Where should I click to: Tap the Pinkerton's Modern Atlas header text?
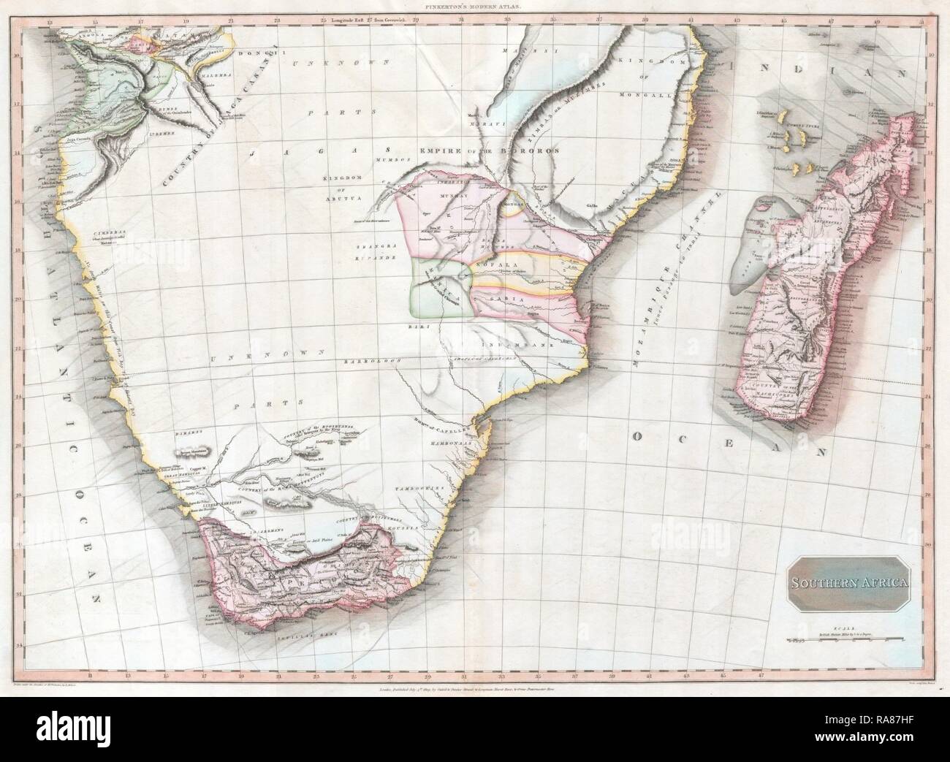click(x=474, y=5)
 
